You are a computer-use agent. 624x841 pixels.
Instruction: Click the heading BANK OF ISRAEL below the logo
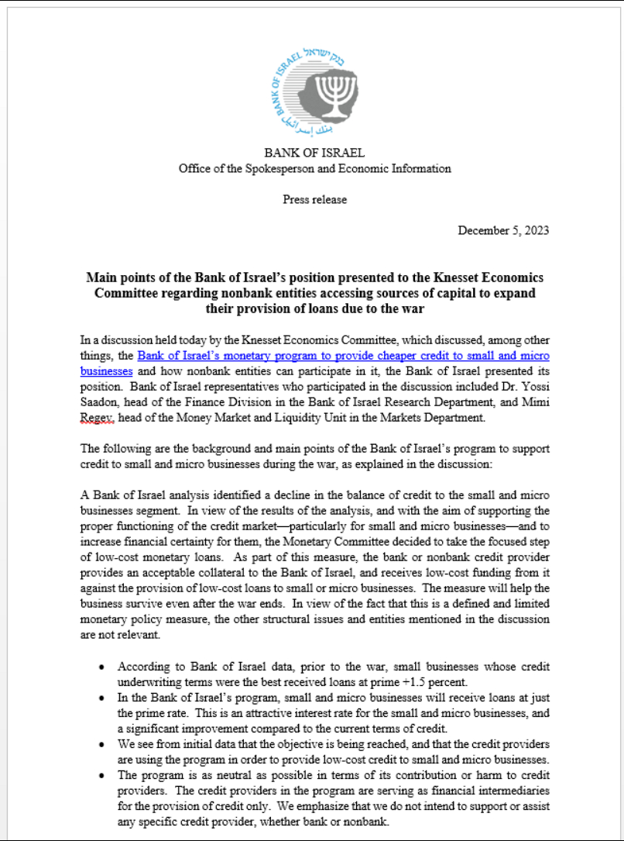point(314,153)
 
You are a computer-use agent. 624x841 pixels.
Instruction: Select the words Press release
point(314,199)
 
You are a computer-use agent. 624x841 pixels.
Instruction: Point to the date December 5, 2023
point(503,230)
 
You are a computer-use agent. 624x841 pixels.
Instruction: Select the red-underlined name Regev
point(96,418)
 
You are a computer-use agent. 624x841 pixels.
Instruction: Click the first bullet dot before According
point(102,667)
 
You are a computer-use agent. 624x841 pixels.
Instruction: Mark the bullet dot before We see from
point(102,743)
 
